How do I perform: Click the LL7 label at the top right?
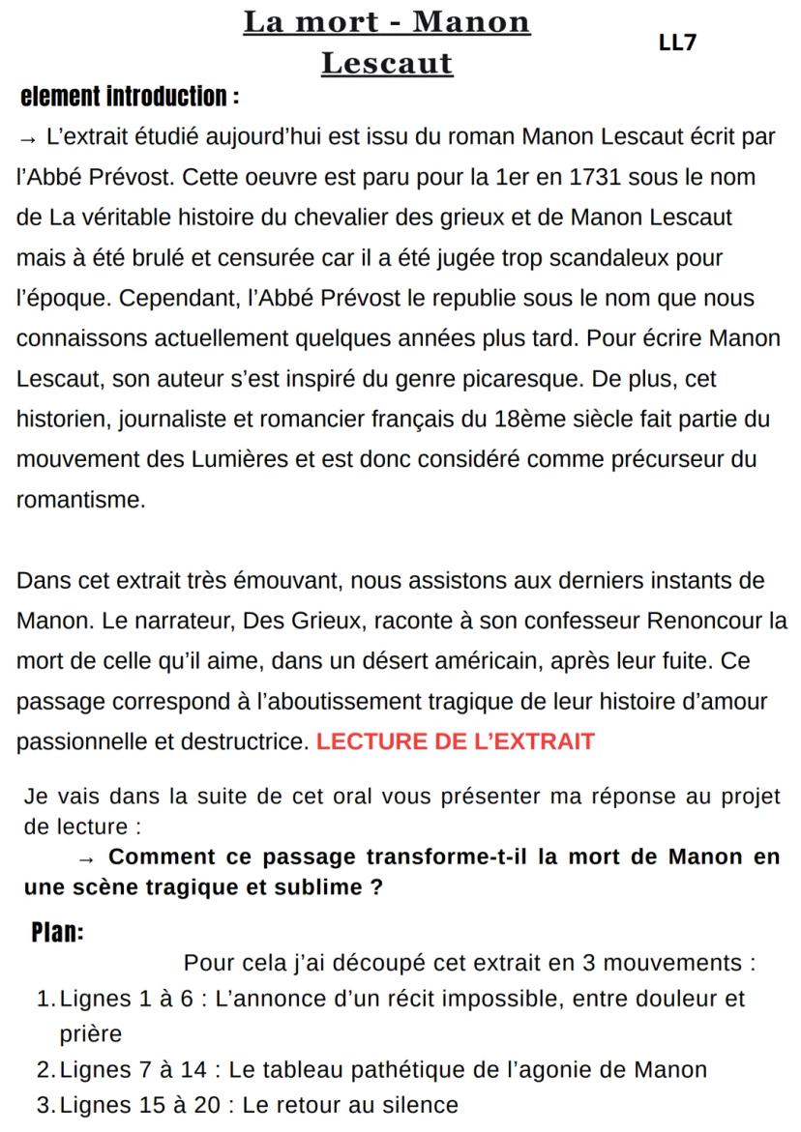coord(677,43)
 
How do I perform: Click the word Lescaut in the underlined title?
coord(386,64)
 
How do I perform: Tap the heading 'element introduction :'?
coord(130,97)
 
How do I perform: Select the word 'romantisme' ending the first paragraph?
coord(80,500)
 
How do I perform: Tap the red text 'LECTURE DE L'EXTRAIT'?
coord(455,742)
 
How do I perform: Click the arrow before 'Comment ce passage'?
coord(87,857)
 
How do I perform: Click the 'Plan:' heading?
coord(57,933)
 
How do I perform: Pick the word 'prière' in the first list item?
coord(91,1033)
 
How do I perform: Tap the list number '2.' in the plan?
coord(46,1069)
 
